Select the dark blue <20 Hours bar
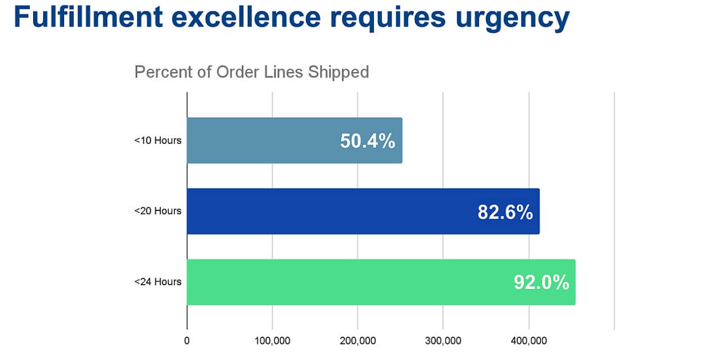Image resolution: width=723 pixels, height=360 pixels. point(326,211)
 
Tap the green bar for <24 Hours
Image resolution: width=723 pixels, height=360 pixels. point(349,282)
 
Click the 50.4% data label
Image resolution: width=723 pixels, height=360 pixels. point(368,141)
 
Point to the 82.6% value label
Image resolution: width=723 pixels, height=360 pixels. point(505,212)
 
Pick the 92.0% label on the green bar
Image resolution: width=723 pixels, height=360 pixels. point(541,282)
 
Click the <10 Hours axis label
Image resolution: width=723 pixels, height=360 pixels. point(157,140)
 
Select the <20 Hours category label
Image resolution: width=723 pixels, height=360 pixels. point(157,211)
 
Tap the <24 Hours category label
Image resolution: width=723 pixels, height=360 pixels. point(157,282)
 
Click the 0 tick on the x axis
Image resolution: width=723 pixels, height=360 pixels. point(187,340)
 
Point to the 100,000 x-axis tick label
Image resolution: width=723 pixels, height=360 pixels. point(272,340)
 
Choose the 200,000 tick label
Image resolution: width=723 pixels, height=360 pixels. point(358,340)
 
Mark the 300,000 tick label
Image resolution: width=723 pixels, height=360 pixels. point(443,340)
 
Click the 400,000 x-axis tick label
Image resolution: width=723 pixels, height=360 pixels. point(528,340)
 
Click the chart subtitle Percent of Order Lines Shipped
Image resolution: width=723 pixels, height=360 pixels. point(251,72)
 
